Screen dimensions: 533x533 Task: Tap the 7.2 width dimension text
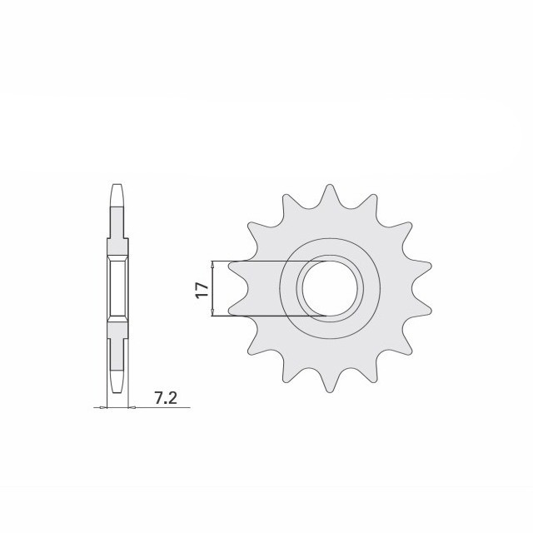(166, 398)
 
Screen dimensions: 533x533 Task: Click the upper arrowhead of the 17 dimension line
(215, 264)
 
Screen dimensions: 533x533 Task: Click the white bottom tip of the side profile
(117, 385)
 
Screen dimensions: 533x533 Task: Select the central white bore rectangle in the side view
(117, 287)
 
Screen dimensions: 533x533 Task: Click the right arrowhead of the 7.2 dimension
(130, 407)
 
